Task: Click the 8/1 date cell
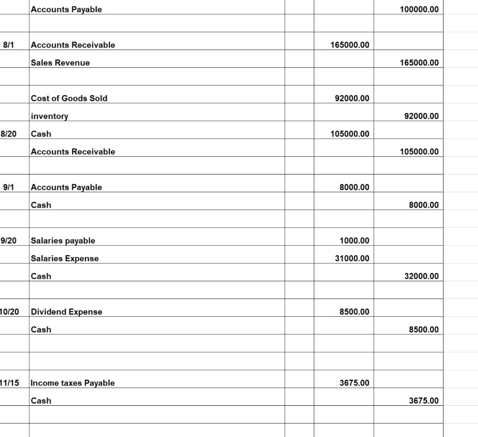(x=9, y=45)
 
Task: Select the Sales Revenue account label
(x=60, y=62)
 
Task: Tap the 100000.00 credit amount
(x=419, y=9)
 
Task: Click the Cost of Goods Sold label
(x=69, y=98)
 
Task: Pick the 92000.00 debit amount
(x=352, y=98)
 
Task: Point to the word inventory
(x=49, y=116)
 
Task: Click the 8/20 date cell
(x=9, y=134)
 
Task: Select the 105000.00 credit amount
(x=419, y=152)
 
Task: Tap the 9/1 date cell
(x=9, y=187)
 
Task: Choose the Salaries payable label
(x=63, y=241)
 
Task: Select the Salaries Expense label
(x=64, y=258)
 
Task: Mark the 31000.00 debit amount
(x=352, y=258)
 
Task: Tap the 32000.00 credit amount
(x=421, y=276)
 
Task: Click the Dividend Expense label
(x=66, y=312)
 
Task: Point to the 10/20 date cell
(x=10, y=312)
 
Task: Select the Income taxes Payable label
(x=72, y=383)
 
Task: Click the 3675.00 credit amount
(x=423, y=401)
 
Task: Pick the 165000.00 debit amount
(x=350, y=45)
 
